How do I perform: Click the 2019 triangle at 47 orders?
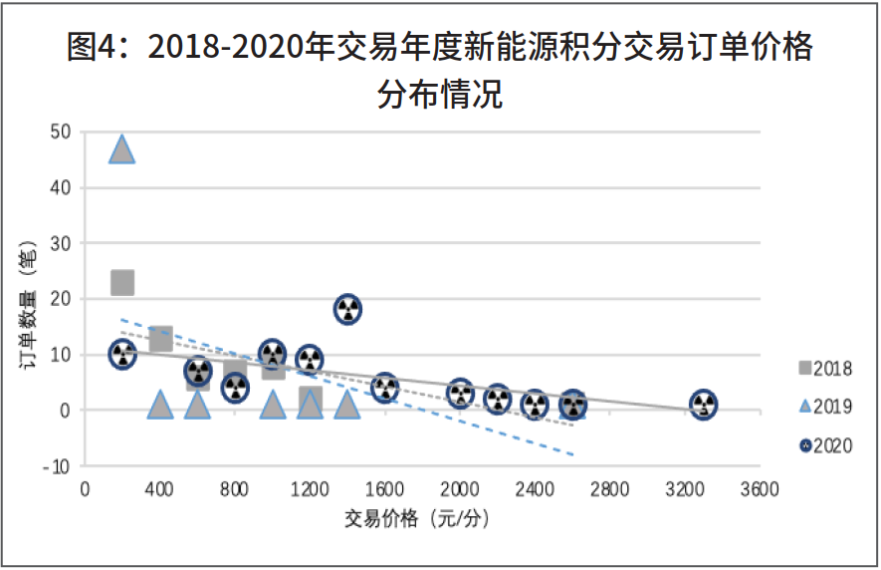click(121, 149)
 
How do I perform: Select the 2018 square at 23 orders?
click(121, 282)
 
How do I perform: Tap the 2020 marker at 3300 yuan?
click(704, 405)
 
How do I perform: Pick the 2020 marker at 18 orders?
click(347, 309)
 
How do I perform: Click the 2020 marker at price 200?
click(121, 354)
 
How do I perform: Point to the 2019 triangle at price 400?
click(159, 404)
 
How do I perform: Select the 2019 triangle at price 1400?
click(346, 404)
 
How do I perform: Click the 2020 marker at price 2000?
click(460, 393)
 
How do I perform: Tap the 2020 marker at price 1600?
click(385, 388)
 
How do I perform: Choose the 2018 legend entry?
click(824, 369)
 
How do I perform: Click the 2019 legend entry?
click(824, 408)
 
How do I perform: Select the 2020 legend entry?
click(824, 445)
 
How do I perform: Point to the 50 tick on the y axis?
click(60, 132)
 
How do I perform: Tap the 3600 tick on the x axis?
click(760, 489)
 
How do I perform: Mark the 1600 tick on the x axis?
click(384, 489)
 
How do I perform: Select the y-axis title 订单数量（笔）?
click(29, 305)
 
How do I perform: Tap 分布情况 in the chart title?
click(440, 96)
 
